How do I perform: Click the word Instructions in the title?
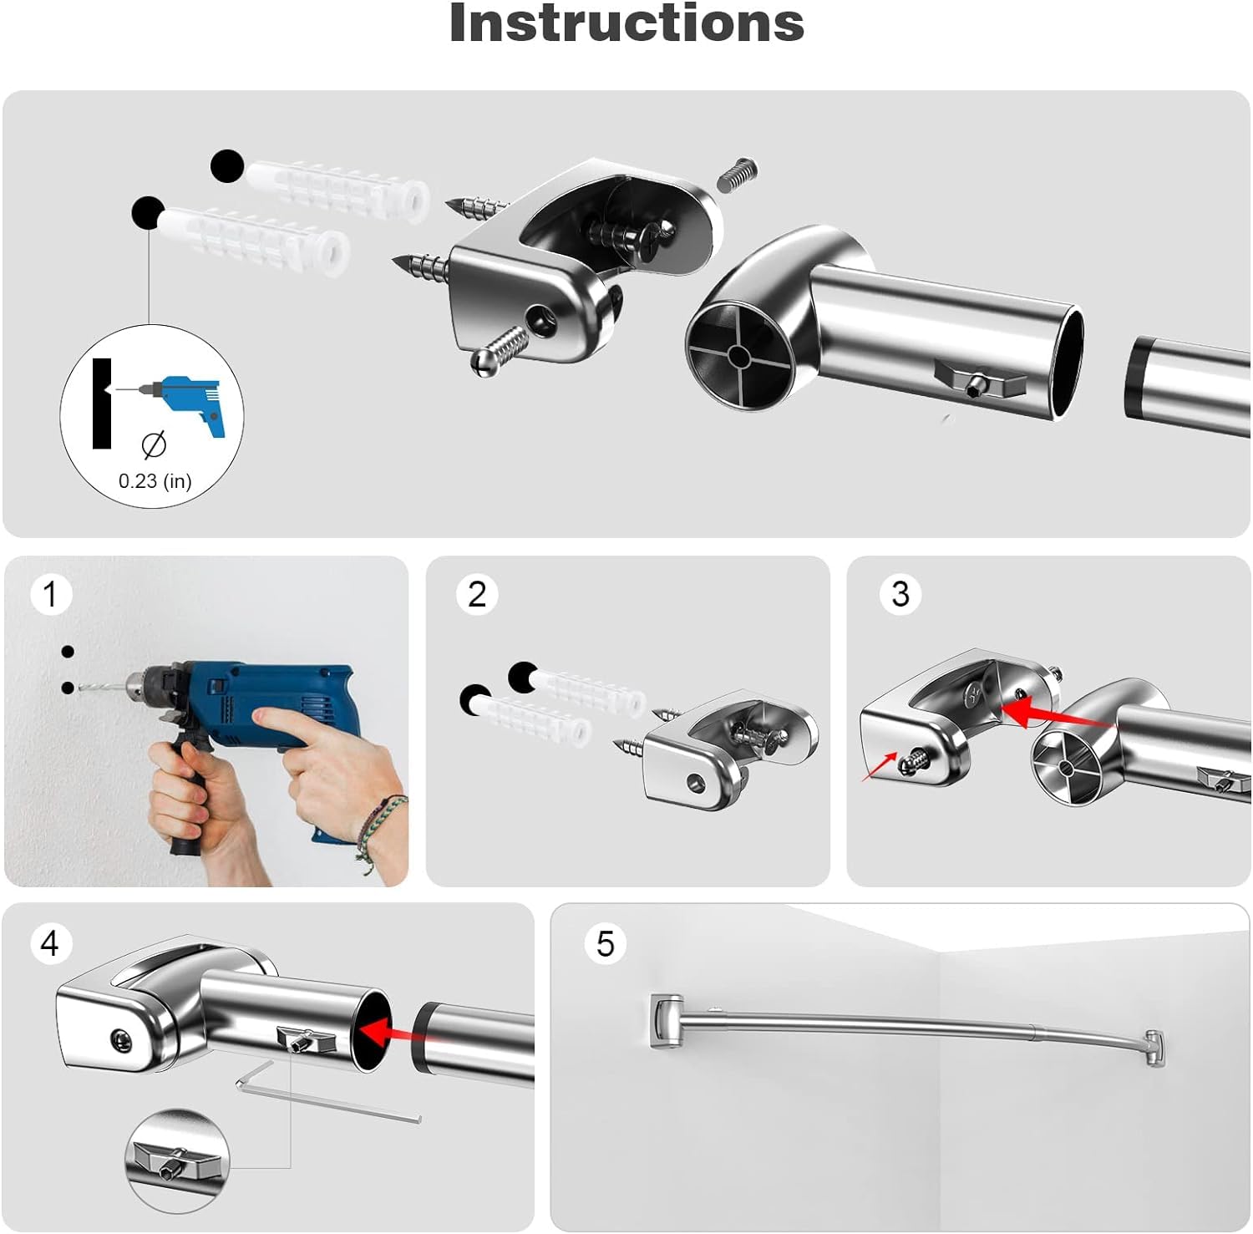tap(626, 23)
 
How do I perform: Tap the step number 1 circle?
tap(51, 594)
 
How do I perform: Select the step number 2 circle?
tap(477, 594)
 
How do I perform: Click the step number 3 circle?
tap(900, 594)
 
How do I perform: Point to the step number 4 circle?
tap(50, 943)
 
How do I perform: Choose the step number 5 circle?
tap(606, 943)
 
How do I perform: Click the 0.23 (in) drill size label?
tap(155, 480)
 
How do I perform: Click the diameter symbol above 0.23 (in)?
tap(154, 445)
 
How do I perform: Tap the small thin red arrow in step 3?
tap(880, 767)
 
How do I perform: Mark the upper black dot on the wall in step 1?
tap(68, 652)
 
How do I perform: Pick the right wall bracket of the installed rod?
tap(1155, 1048)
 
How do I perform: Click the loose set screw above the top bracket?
tap(738, 175)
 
